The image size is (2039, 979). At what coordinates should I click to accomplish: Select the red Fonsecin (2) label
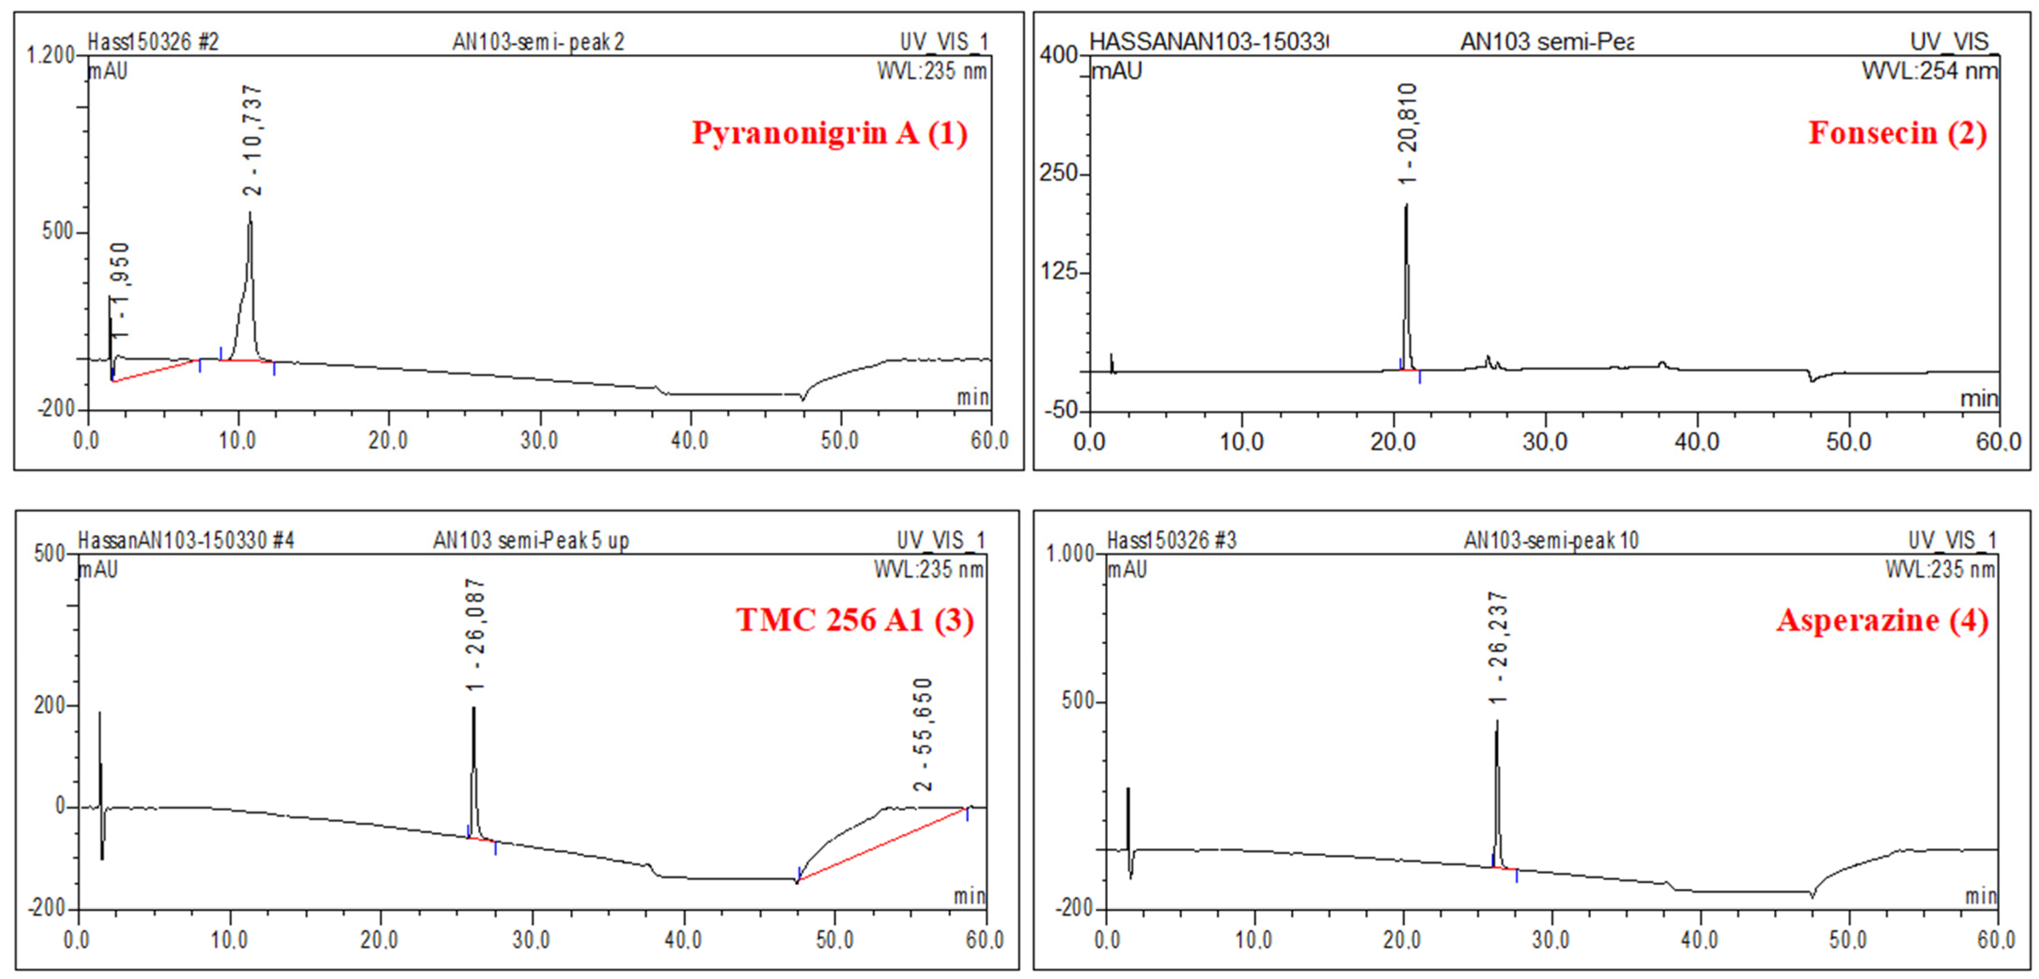pos(1897,133)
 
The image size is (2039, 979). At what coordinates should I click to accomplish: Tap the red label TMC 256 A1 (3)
pos(855,620)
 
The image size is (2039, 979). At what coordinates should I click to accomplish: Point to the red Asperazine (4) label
pos(1882,620)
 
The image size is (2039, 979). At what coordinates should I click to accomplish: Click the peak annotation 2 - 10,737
pos(253,141)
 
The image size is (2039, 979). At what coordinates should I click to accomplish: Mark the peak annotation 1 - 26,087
pos(476,635)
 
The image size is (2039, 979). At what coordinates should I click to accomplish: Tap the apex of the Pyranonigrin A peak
pos(250,213)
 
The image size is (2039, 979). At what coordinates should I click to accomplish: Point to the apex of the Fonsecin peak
pos(1407,205)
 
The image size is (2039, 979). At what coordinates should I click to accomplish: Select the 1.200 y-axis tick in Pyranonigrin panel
pos(50,54)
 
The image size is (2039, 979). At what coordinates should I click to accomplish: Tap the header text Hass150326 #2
pos(153,41)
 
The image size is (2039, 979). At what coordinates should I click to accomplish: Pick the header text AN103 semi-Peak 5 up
pos(530,541)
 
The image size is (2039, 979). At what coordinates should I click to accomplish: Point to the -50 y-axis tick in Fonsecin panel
pos(1061,410)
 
